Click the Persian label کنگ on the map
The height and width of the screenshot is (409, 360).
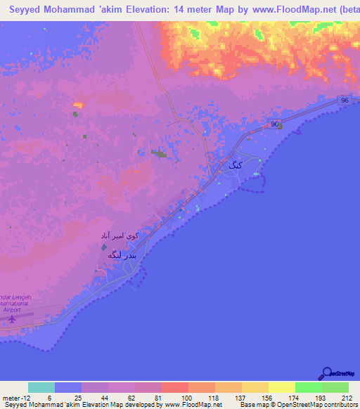point(234,166)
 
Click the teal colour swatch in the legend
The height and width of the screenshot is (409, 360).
point(41,387)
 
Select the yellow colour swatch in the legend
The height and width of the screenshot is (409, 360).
point(282,387)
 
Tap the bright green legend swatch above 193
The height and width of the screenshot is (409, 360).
point(309,387)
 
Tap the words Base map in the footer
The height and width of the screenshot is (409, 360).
point(253,405)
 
